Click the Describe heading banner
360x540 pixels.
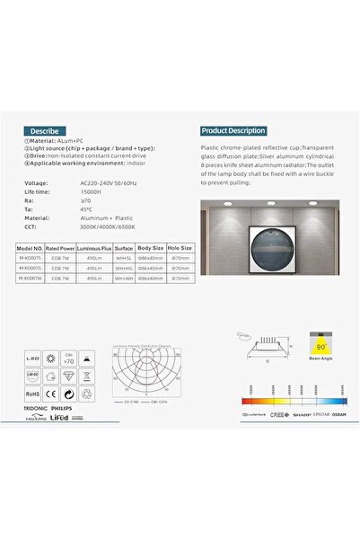coord(46,130)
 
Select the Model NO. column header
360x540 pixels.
coord(31,247)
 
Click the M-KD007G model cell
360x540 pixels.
coord(31,267)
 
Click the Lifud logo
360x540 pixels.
coord(59,419)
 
